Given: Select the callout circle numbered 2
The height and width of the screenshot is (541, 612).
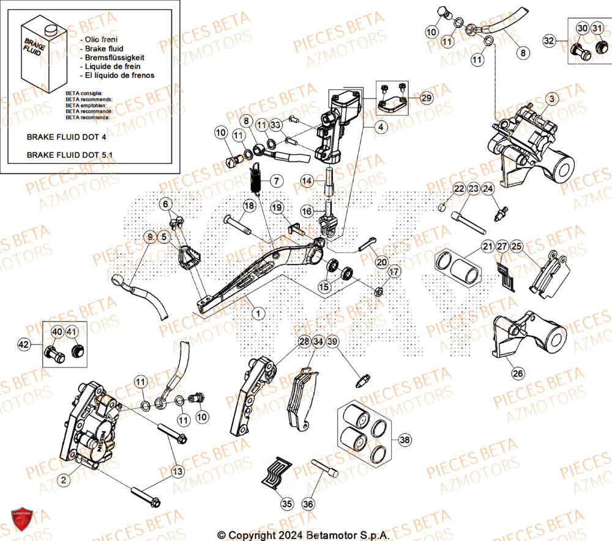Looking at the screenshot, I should (62, 481).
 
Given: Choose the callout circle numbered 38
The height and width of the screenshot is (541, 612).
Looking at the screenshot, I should (405, 440).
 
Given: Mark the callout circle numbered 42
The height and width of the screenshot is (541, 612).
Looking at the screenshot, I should (23, 345).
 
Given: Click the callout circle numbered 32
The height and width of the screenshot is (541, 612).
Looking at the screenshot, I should (549, 40).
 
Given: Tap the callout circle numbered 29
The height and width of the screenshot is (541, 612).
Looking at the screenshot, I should (426, 97).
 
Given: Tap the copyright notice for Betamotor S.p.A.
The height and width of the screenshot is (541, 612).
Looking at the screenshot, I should (304, 534).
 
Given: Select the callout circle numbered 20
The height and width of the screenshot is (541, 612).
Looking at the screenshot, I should (382, 262).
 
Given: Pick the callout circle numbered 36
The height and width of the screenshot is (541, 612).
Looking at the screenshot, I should (308, 504).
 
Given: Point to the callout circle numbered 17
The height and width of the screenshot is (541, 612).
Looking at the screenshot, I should (394, 271).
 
